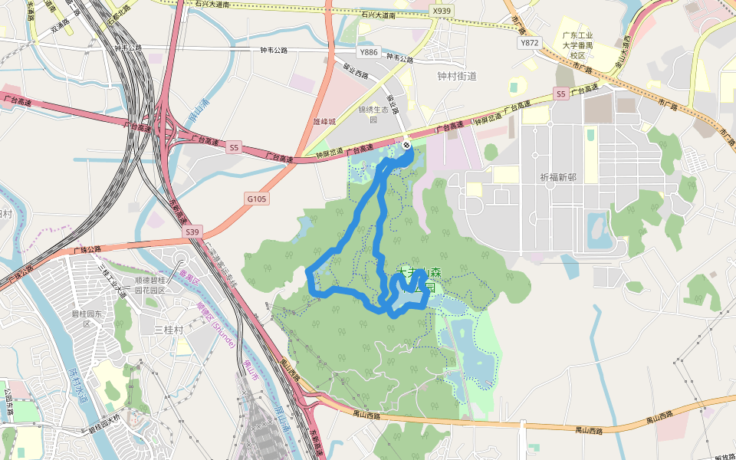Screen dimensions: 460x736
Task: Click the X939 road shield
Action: (442, 11)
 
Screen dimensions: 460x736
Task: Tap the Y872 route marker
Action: (530, 43)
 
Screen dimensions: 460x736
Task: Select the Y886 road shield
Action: (370, 52)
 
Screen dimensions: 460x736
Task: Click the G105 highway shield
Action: (258, 199)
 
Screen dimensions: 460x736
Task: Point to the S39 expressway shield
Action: (192, 232)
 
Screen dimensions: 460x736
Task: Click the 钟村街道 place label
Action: (457, 76)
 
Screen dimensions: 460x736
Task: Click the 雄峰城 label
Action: (325, 120)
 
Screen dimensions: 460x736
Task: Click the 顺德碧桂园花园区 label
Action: (150, 285)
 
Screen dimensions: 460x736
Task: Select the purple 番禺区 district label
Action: (184, 274)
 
